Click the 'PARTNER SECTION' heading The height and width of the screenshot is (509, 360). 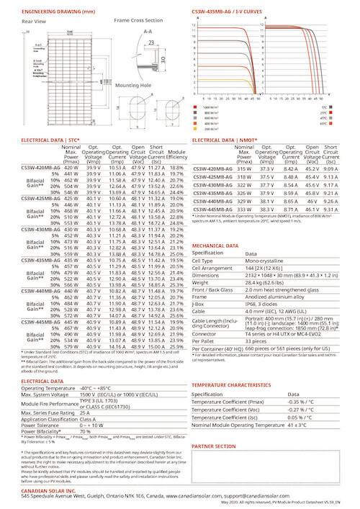click(x=215, y=446)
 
